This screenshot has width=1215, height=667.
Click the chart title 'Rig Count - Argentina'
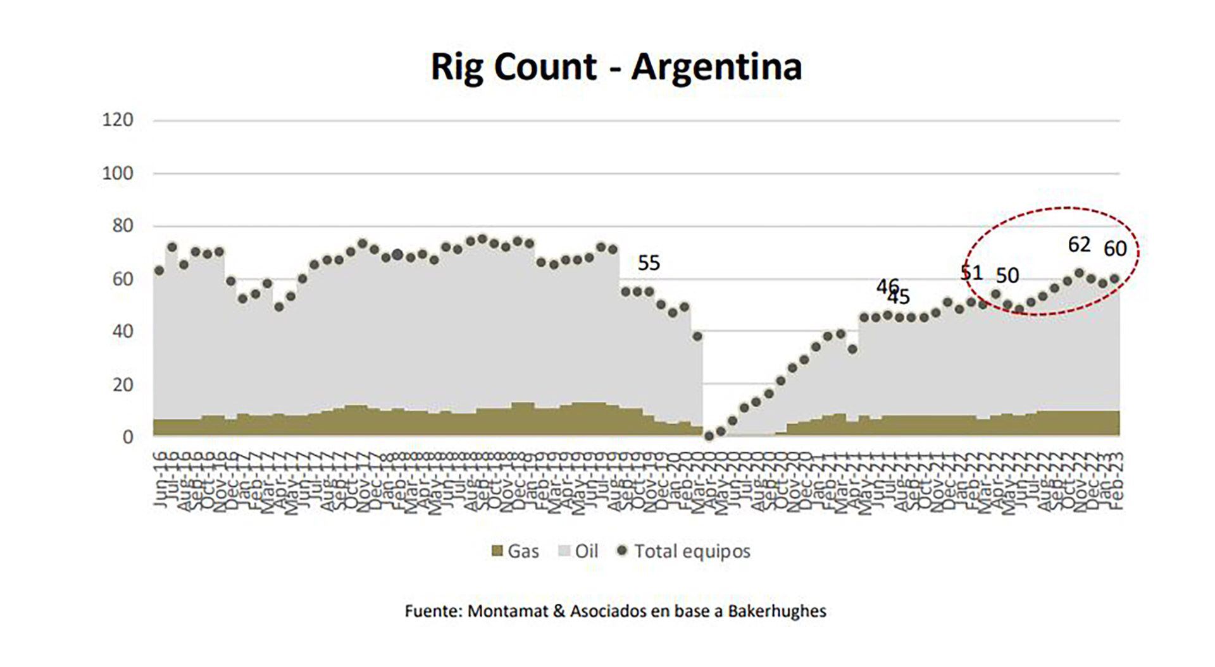[x=616, y=66]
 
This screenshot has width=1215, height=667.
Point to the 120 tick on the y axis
[x=118, y=120]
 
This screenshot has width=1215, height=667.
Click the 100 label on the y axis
[x=118, y=173]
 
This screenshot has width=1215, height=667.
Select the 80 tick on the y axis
[x=123, y=226]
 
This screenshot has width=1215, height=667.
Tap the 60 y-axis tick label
[x=123, y=279]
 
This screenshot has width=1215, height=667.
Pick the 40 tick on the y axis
[x=123, y=331]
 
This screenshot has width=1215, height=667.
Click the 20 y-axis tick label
[x=123, y=384]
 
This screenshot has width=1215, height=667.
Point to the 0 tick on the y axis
[x=128, y=437]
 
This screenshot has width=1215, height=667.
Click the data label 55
[x=649, y=263]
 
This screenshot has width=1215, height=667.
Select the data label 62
[x=1080, y=245]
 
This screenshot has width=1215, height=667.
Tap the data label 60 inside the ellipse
[x=1115, y=249]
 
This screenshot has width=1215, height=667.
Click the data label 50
[x=1007, y=276]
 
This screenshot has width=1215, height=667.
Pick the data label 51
[x=971, y=272]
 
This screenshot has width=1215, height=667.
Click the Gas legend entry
[x=515, y=551]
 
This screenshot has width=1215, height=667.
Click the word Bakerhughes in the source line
[x=776, y=611]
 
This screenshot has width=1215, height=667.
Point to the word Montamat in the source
[x=494, y=611]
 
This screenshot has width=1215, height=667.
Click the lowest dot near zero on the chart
[x=709, y=436]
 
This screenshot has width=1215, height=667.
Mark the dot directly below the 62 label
[x=1080, y=273]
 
